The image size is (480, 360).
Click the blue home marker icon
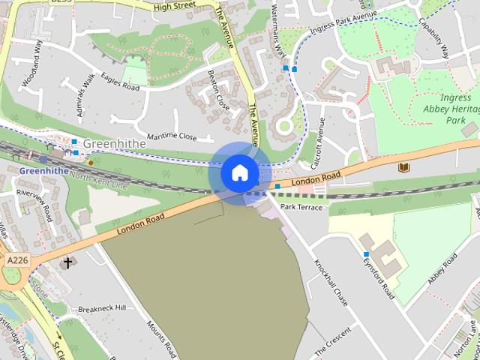tap(240, 172)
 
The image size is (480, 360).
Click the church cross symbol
tap(68, 262)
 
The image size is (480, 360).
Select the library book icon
tap(404, 166)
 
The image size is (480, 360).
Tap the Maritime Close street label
tap(172, 137)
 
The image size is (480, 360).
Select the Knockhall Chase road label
tap(331, 282)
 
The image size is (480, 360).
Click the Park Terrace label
tap(301, 206)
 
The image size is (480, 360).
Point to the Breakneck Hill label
tap(102, 308)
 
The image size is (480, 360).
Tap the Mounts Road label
tap(161, 337)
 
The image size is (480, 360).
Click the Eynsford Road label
tap(378, 277)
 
